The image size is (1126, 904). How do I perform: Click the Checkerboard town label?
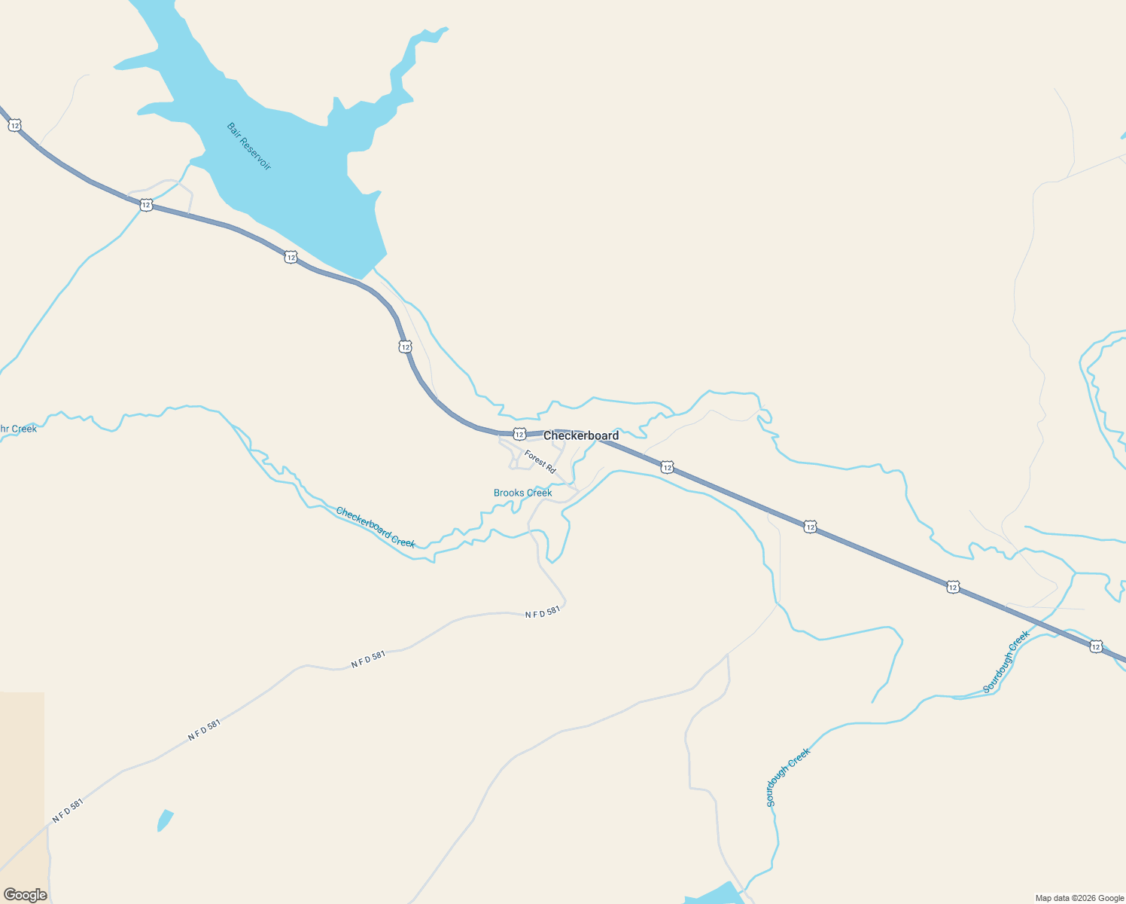coord(581,435)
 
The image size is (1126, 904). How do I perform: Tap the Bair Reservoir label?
coord(248,146)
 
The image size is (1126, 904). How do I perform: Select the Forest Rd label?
coord(540,461)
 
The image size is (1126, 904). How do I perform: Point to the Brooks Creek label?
coord(522,493)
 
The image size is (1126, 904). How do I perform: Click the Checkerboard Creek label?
coord(376,527)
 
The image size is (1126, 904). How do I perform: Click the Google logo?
coord(25,895)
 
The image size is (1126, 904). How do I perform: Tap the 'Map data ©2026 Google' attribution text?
coord(1079,898)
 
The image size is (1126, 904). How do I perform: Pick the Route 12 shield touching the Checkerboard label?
coord(519,434)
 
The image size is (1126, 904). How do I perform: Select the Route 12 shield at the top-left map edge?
coord(15,125)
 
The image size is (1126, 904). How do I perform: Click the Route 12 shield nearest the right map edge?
coord(1096,646)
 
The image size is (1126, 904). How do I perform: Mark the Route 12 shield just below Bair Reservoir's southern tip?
coord(291,258)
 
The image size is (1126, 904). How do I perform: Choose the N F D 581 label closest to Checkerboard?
coord(543,612)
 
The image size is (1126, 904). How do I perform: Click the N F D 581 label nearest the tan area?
coord(68,811)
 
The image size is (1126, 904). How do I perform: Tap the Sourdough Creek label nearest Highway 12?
coord(1006,661)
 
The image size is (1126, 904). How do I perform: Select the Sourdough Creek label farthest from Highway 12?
coord(788,777)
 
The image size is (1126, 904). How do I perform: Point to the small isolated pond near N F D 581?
coord(165,820)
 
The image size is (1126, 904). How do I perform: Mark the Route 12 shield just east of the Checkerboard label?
coord(667,468)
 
